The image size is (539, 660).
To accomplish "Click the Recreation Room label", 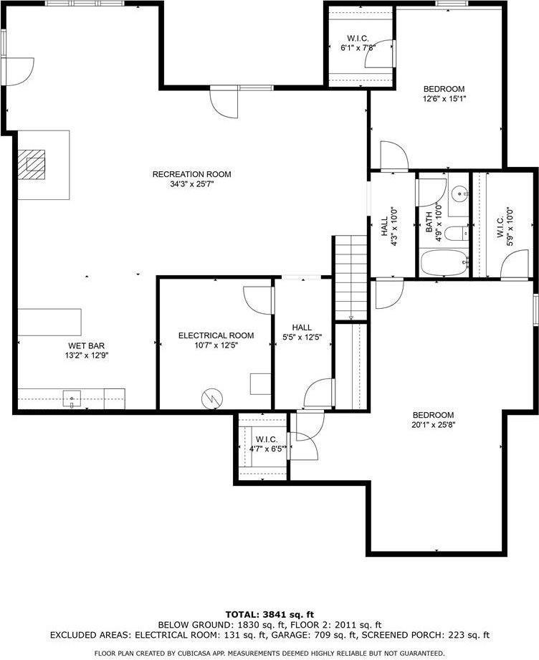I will pos(191,174).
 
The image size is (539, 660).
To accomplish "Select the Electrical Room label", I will pos(216,335).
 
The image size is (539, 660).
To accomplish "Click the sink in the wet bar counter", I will pos(72,398).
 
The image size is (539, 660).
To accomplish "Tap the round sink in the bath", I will pos(459,193).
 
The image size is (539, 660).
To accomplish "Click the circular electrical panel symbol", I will pos(211,398).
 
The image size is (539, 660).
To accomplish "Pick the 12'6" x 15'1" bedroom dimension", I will pos(448,99).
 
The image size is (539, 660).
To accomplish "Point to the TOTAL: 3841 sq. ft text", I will pos(269,614).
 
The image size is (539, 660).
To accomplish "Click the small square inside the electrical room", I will pos(259,383).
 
